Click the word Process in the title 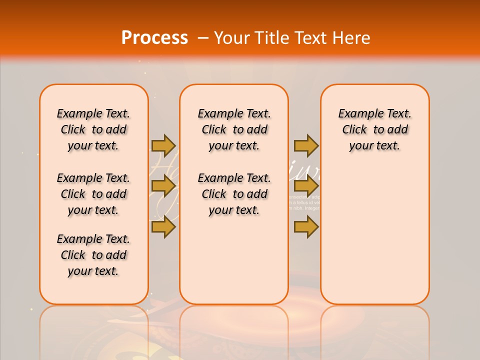154,38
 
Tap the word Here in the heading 352,38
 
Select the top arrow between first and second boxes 163,145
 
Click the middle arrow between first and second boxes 163,186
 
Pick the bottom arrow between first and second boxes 163,227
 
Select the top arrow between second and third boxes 306,145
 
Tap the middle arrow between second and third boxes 306,186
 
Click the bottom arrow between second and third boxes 306,227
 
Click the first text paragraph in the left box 93,129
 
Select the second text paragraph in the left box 93,194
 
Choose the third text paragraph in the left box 93,255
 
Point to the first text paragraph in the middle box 234,129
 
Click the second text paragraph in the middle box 234,194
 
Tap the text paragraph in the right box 374,129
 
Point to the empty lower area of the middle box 234,260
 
